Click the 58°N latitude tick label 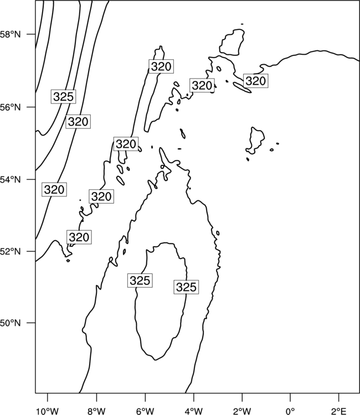pyautogui.click(x=11, y=34)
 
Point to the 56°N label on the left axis pyautogui.click(x=11, y=107)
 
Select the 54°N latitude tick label pyautogui.click(x=11, y=180)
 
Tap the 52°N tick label pyautogui.click(x=11, y=251)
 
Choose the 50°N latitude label pyautogui.click(x=11, y=323)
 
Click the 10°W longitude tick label pyautogui.click(x=48, y=411)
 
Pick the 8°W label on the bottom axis pyautogui.click(x=96, y=411)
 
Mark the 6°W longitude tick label pyautogui.click(x=145, y=411)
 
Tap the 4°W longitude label pyautogui.click(x=194, y=411)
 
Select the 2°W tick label pyautogui.click(x=242, y=411)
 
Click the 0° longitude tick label pyautogui.click(x=291, y=411)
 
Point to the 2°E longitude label pyautogui.click(x=339, y=411)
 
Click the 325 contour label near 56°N pyautogui.click(x=63, y=97)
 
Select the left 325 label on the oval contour pyautogui.click(x=140, y=281)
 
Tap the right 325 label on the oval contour pyautogui.click(x=186, y=287)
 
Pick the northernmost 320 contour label pyautogui.click(x=161, y=66)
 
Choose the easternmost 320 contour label pyautogui.click(x=255, y=81)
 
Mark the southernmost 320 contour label pyautogui.click(x=79, y=237)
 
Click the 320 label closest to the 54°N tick pyautogui.click(x=54, y=189)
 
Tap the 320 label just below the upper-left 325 pyautogui.click(x=78, y=122)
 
